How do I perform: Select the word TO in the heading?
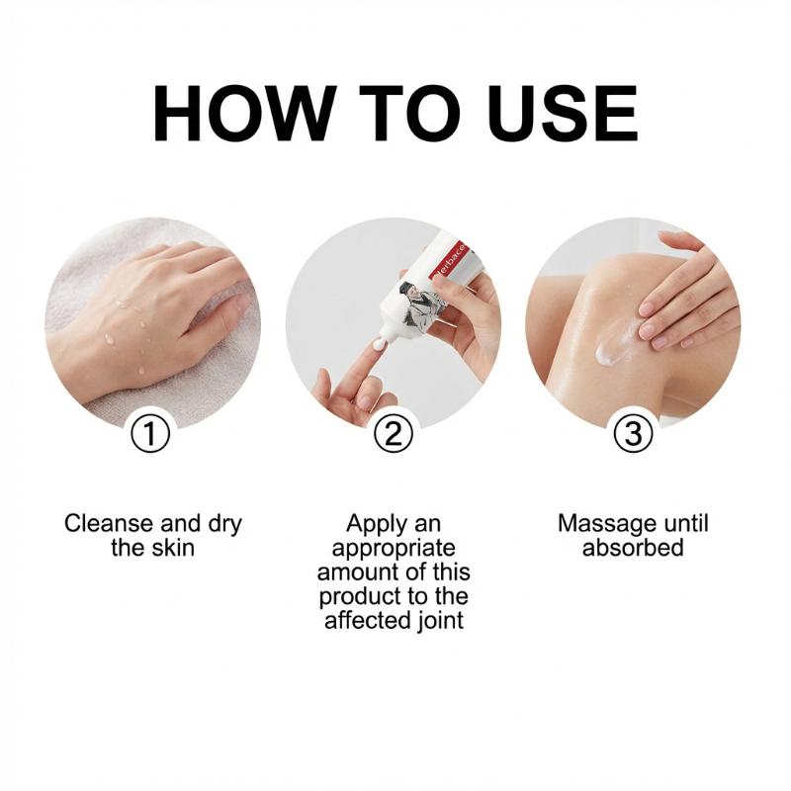pos(409,113)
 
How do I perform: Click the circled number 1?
pos(150,433)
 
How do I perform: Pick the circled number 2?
pos(394,433)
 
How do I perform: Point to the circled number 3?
pos(634,433)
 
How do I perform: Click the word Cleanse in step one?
pos(109,524)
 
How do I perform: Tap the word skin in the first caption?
pos(172,548)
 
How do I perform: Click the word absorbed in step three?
pos(633,548)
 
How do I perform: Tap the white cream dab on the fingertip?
pos(380,345)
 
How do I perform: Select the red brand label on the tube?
pos(451,261)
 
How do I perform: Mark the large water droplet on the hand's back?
pos(110,338)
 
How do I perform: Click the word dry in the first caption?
pos(225,525)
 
